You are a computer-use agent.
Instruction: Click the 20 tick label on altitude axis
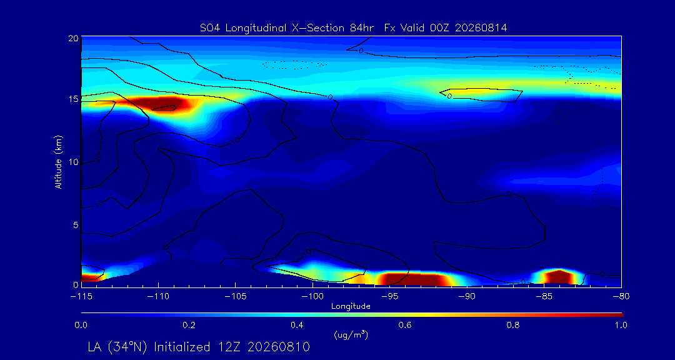(x=72, y=37)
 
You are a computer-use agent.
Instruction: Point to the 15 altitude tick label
(x=72, y=99)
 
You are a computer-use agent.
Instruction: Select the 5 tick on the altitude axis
(x=76, y=225)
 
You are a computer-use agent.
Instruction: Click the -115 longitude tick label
(x=81, y=296)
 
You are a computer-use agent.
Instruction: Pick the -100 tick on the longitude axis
(x=313, y=296)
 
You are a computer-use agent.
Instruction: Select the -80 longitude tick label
(x=621, y=296)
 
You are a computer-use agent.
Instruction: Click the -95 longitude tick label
(x=390, y=296)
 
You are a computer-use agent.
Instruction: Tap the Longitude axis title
(x=351, y=307)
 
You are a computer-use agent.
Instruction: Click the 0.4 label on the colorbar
(x=297, y=325)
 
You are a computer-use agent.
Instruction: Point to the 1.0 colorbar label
(x=621, y=325)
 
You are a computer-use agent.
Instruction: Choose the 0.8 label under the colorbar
(x=513, y=325)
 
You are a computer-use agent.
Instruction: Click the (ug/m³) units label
(x=351, y=334)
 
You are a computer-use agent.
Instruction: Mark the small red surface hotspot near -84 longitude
(x=558, y=277)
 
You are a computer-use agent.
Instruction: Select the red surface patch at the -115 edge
(x=89, y=277)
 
